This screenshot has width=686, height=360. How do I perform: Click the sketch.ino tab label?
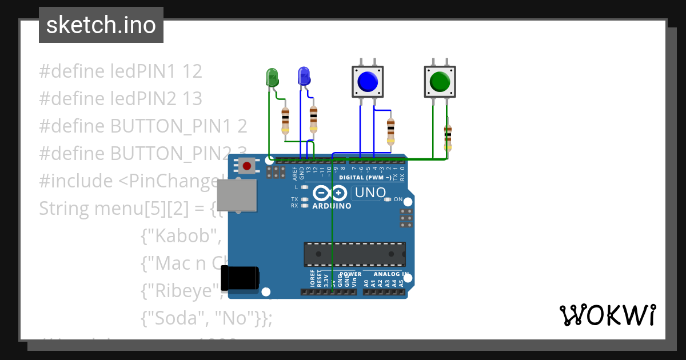coord(101,25)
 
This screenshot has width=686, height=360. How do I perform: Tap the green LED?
coord(272,77)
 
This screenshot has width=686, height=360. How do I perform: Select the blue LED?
coord(304,76)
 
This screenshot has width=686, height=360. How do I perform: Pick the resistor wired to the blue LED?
coord(313,119)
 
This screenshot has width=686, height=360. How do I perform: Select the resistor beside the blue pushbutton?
coord(390,131)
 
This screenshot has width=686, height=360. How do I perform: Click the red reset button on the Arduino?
coord(246,166)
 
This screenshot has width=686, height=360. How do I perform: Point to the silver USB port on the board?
coord(236,194)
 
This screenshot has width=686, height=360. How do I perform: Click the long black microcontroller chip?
coord(354,254)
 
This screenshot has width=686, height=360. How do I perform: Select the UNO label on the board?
coord(370,193)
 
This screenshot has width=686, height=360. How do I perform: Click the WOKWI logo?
coord(607,315)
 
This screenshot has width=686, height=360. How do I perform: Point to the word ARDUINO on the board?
coord(332,206)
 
